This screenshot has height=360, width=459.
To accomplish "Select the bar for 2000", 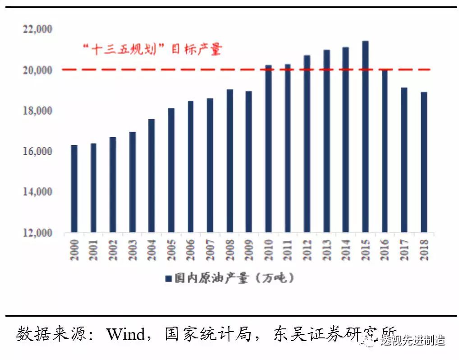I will coord(74,189).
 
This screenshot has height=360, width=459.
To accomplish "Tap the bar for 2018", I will coord(424,162).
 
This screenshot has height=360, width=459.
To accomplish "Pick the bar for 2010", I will coord(268,149).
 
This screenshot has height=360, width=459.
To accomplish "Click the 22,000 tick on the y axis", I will coord(37,30).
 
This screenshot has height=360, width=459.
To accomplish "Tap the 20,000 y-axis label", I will coord(37,70).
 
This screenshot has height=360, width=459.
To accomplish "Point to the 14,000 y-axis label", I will coord(37,192).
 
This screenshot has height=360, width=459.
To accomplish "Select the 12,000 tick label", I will coord(37,233).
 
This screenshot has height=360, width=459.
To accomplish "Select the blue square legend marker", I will coord(168,279).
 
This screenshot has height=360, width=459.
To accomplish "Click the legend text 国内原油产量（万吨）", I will coord(234,278).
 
